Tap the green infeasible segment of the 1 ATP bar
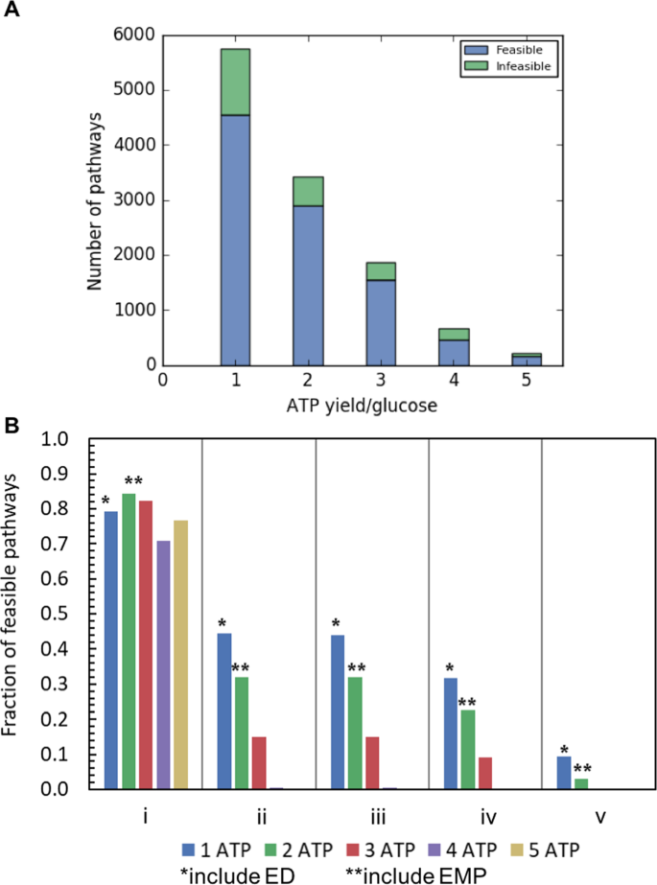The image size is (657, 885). (x=235, y=82)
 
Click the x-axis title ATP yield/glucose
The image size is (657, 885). (x=363, y=408)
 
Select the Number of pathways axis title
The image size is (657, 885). (x=94, y=198)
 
